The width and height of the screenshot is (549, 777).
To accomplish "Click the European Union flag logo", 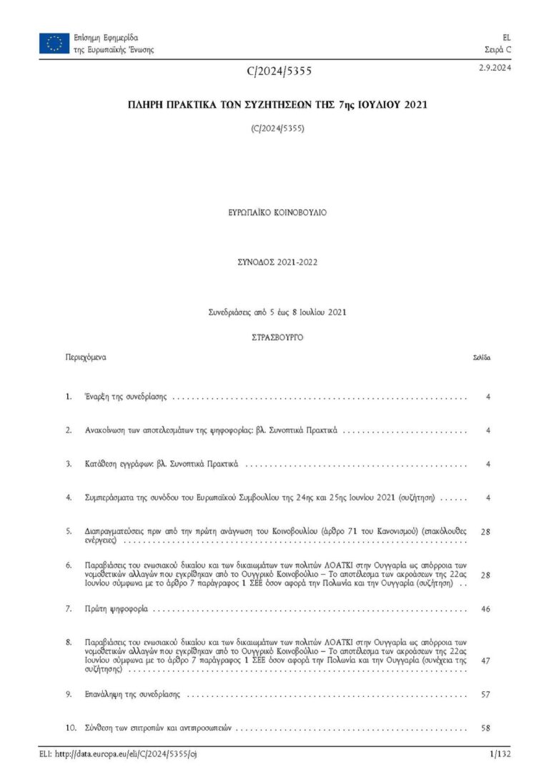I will (x=54, y=44).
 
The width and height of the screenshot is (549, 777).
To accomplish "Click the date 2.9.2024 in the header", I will (x=495, y=68).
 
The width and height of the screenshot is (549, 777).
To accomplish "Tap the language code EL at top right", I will (x=507, y=37).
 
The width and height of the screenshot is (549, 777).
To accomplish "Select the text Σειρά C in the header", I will (x=498, y=50).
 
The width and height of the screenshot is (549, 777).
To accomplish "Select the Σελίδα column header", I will (x=481, y=357).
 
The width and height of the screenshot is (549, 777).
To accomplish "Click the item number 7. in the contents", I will (x=69, y=610).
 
